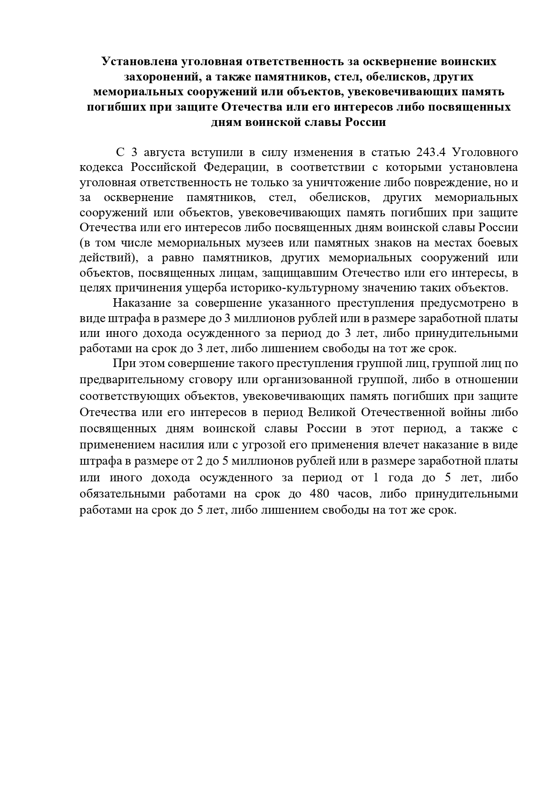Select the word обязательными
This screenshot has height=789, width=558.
tap(120, 494)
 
